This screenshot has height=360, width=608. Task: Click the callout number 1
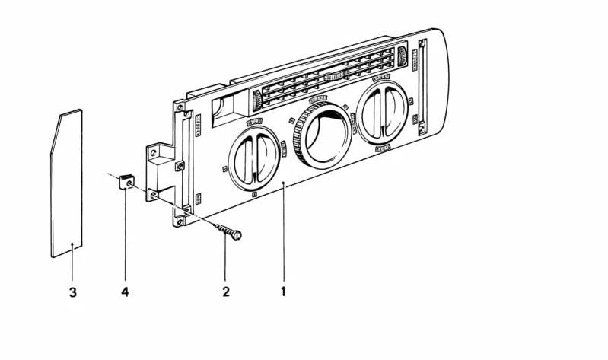pyautogui.click(x=283, y=292)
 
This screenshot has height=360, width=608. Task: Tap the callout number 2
pyautogui.click(x=226, y=292)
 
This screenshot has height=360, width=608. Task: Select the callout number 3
pyautogui.click(x=73, y=292)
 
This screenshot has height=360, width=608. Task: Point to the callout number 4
pyautogui.click(x=125, y=292)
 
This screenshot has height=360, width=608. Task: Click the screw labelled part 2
pyautogui.click(x=228, y=231)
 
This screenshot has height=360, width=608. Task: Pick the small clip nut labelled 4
pyautogui.click(x=126, y=182)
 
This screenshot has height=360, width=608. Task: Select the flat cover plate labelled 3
pyautogui.click(x=67, y=183)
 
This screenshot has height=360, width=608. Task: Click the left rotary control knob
pyautogui.click(x=254, y=158)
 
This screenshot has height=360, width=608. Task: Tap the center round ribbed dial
pyautogui.click(x=323, y=134)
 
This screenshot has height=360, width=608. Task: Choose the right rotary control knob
pyautogui.click(x=382, y=113)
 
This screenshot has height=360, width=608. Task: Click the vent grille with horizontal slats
pyautogui.click(x=328, y=77)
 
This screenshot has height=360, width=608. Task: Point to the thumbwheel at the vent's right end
pyautogui.click(x=402, y=56)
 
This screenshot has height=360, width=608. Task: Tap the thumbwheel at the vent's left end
pyautogui.click(x=256, y=101)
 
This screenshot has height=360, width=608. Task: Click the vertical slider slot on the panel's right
pyautogui.click(x=422, y=87)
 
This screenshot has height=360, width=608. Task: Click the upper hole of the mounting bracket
pyautogui.click(x=154, y=152)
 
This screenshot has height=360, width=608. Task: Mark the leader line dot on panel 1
pyautogui.click(x=283, y=182)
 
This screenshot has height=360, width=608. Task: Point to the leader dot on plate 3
pyautogui.click(x=72, y=244)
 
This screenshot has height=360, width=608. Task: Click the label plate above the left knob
pyautogui.click(x=254, y=122)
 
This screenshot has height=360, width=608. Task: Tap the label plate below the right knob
pyautogui.click(x=382, y=148)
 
